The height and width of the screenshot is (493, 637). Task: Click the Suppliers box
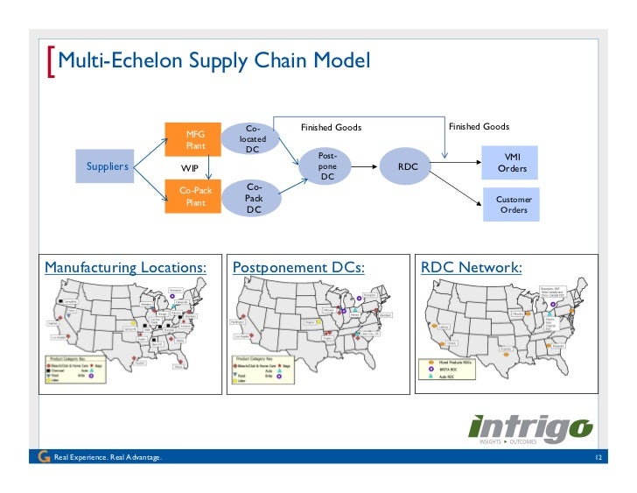tap(108, 166)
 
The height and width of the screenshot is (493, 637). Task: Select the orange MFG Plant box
tap(196, 140)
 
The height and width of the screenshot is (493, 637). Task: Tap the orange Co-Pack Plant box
tap(196, 196)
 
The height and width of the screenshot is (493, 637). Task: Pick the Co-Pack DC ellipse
tap(253, 198)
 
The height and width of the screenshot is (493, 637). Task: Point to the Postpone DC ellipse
tap(327, 166)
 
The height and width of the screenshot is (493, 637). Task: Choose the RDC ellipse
tap(408, 166)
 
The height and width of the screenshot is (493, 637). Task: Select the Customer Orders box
tap(514, 205)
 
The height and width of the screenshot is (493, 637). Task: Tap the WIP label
tap(190, 168)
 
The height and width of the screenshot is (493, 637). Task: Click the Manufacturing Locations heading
tap(126, 267)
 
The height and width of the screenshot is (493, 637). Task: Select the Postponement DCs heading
tap(297, 267)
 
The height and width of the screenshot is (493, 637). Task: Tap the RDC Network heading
tap(471, 267)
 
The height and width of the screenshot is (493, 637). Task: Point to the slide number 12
tap(598, 458)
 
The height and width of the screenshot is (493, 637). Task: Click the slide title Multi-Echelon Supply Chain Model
tap(214, 61)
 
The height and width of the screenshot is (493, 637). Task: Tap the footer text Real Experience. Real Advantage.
tap(107, 458)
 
